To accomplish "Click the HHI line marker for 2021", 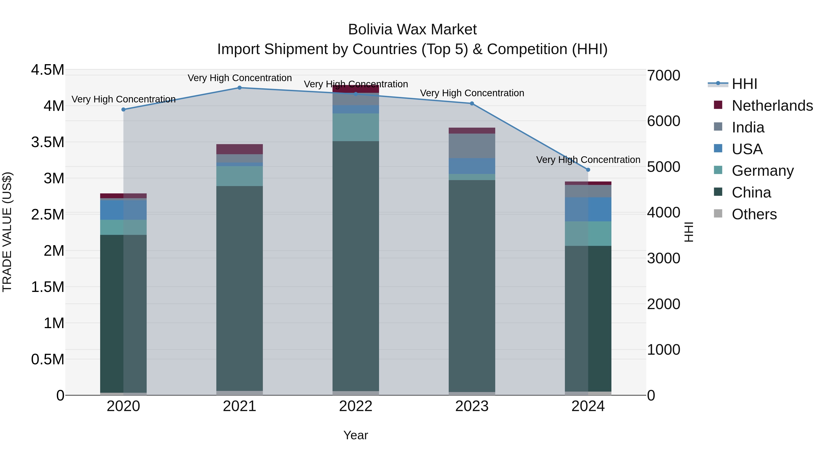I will click(239, 88).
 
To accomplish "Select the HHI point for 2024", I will click(588, 170).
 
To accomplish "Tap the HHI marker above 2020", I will click(124, 110).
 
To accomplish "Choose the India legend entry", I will click(748, 127).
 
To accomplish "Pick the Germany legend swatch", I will click(718, 170).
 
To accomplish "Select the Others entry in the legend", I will click(754, 214).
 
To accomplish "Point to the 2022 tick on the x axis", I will click(355, 406).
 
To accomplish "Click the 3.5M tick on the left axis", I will click(48, 142).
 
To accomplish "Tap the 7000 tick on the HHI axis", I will click(663, 76).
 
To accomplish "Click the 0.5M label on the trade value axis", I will click(48, 359).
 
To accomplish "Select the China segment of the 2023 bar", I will click(472, 285).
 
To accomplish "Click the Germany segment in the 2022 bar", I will click(355, 127).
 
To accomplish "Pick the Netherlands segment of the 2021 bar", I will click(239, 149).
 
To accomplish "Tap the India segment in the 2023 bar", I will click(472, 146).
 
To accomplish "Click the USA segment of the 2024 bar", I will click(588, 209).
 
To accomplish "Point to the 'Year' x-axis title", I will click(355, 435).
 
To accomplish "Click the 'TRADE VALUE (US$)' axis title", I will click(7, 232).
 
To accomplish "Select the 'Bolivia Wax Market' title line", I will click(412, 30).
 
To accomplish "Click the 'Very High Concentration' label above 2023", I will click(472, 93).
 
